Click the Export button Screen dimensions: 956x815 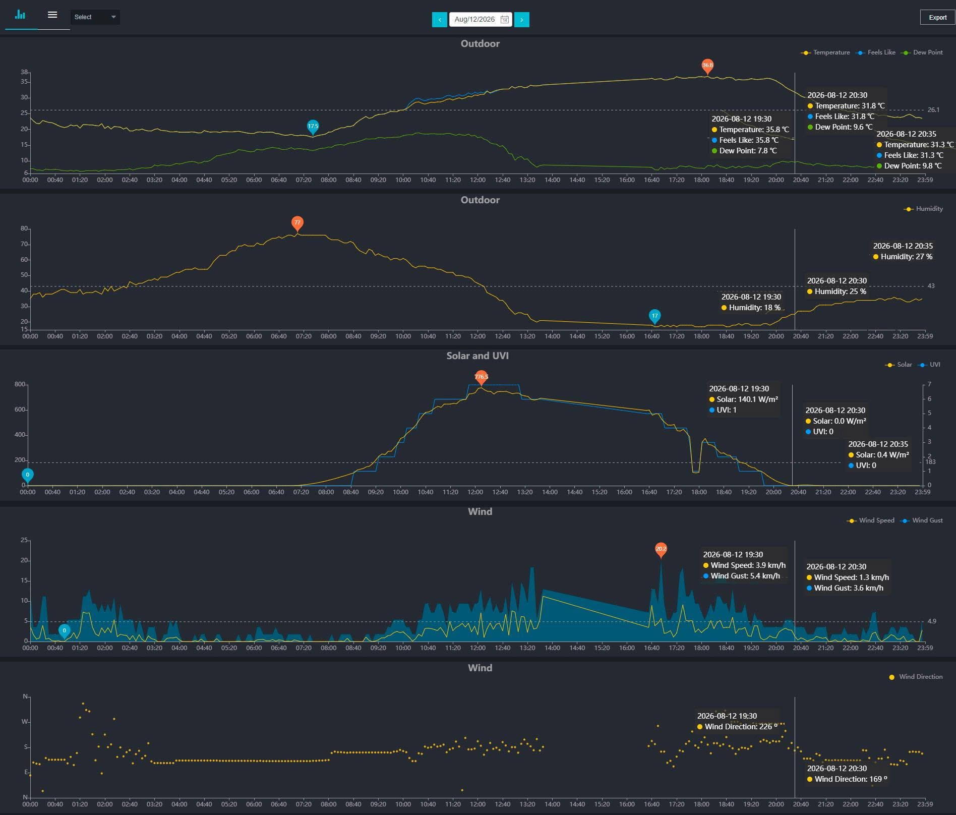937,17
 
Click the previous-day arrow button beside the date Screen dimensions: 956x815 440,20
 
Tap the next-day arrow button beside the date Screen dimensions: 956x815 522,20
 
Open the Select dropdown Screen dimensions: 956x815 95,17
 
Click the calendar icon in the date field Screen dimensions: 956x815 504,20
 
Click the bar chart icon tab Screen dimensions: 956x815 20,15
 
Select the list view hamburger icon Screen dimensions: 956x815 52,15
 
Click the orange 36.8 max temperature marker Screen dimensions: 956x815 707,66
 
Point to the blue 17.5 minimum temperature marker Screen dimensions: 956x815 313,127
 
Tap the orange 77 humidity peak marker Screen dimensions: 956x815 297,223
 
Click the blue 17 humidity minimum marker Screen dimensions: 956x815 654,317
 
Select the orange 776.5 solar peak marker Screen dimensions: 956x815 482,377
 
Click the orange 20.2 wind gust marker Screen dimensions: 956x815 661,549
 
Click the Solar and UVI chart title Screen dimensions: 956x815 477,356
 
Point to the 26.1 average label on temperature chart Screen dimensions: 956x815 933,110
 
